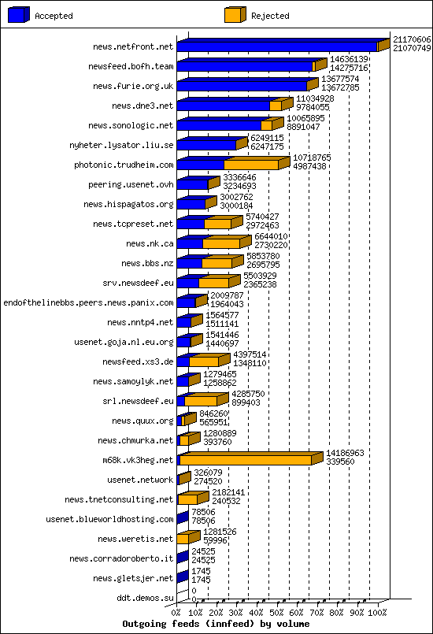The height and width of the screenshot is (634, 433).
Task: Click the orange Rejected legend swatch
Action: click(x=233, y=15)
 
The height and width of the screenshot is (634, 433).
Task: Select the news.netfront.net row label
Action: click(x=132, y=46)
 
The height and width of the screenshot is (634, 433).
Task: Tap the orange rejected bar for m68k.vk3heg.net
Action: click(x=246, y=460)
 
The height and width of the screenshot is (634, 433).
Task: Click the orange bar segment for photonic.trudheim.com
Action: click(x=250, y=165)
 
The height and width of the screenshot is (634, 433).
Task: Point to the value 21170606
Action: click(x=411, y=39)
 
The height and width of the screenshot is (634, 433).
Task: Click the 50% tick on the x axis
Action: click(x=277, y=613)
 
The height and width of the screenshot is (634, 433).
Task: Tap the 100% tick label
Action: click(x=378, y=613)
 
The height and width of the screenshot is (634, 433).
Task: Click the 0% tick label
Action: click(x=176, y=613)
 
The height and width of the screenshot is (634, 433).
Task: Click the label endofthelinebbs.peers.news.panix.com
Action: click(x=88, y=302)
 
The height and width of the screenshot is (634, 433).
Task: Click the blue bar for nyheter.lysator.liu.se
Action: click(x=205, y=145)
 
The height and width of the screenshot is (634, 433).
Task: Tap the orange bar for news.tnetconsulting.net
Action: click(x=187, y=499)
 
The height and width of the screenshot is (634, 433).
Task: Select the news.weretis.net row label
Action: click(x=135, y=539)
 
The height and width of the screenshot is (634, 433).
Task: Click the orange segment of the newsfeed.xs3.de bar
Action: click(x=203, y=361)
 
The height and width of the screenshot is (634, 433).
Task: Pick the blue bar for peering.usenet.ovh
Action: click(x=192, y=184)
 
